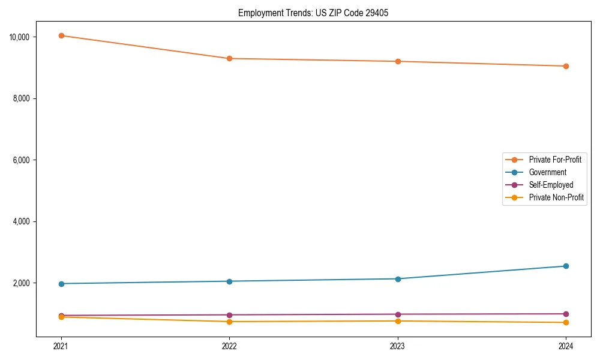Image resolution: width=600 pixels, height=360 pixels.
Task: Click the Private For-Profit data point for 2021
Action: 61,35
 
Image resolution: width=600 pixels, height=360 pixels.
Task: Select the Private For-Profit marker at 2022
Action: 229,58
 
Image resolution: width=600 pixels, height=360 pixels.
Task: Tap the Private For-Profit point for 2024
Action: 566,66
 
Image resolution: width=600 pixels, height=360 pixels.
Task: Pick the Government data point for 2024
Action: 566,266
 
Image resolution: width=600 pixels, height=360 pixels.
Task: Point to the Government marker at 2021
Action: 61,283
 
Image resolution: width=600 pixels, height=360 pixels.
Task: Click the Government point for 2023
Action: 398,278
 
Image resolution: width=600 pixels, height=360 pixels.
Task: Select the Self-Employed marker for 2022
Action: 229,315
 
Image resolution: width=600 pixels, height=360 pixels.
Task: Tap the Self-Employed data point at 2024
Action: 566,314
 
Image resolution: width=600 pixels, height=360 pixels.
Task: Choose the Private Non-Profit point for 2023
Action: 398,321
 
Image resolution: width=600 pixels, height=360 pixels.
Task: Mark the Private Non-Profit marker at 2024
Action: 566,323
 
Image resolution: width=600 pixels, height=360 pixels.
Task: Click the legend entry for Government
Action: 547,172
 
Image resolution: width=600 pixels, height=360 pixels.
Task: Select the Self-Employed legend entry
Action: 551,185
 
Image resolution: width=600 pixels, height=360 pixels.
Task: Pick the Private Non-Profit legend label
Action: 556,197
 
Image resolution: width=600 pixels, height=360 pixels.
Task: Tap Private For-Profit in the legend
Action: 555,160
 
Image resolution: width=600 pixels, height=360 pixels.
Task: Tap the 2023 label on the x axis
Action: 398,346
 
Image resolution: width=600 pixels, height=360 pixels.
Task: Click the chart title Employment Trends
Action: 313,13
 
